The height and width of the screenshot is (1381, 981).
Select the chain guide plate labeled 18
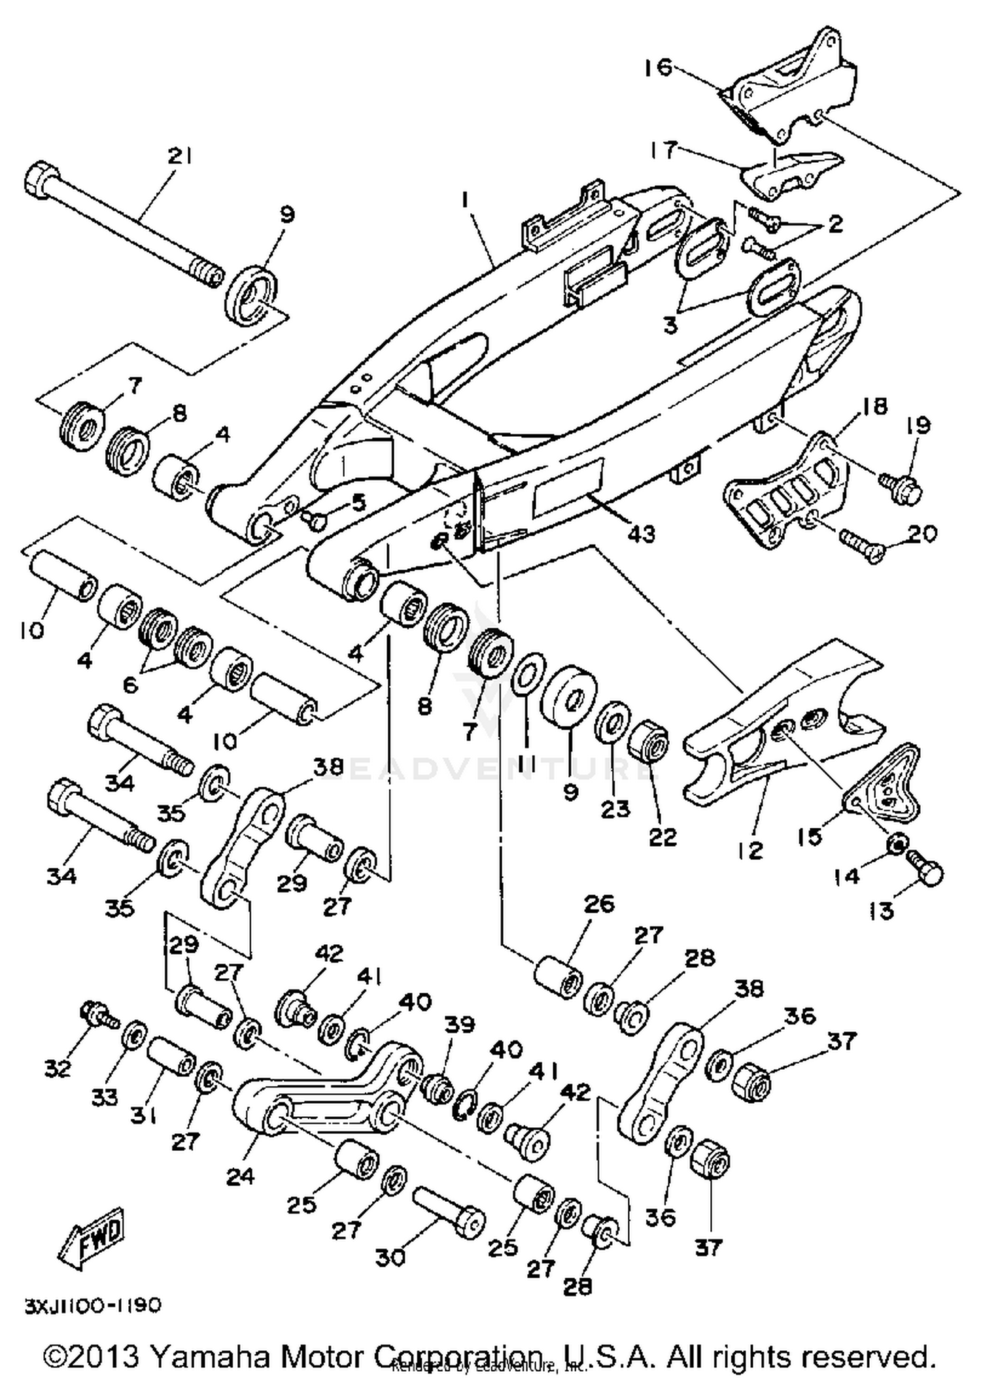785,496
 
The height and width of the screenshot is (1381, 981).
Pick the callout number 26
599,904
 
